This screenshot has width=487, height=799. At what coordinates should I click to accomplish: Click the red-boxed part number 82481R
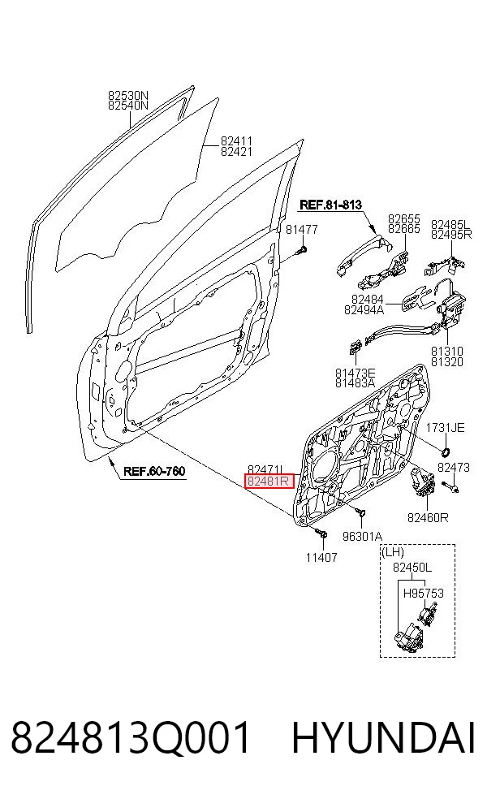point(269,481)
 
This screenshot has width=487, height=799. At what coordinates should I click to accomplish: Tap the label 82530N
point(128,95)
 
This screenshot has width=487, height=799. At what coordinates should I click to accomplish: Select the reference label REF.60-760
point(154,471)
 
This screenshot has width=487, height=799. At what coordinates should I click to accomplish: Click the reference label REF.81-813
point(330,205)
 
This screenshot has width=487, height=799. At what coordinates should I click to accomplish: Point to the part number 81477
point(302,229)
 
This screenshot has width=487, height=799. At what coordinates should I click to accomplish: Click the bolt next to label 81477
point(304,250)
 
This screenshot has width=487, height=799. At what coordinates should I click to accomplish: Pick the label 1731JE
point(446,428)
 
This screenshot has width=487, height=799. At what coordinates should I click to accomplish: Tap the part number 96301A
point(362,536)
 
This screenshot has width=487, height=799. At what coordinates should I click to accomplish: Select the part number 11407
point(321,558)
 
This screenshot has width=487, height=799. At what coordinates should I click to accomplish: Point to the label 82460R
point(428,518)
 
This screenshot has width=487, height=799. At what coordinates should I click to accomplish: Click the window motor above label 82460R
point(422,482)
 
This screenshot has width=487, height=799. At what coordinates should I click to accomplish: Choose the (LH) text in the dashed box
point(393,551)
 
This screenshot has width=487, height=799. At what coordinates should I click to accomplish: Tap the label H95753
point(424,593)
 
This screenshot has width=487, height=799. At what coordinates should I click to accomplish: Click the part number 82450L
point(412,567)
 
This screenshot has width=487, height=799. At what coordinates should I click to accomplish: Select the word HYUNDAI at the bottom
point(383,737)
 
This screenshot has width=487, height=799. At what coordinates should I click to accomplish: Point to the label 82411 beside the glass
point(236,140)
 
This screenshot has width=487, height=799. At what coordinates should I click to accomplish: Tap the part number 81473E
point(355,373)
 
